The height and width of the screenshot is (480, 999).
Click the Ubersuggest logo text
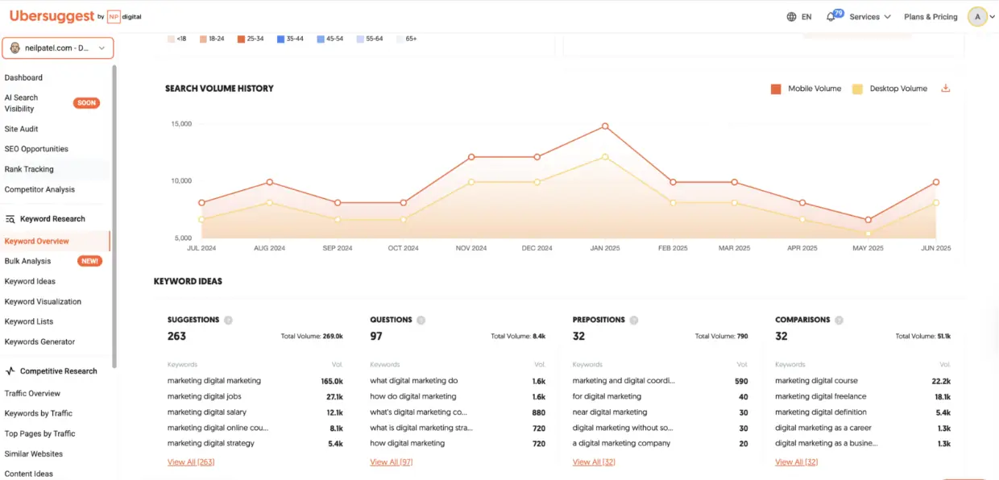(x=52, y=16)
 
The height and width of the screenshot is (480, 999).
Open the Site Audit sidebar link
(x=22, y=129)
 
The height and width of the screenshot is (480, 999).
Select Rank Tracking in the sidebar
(x=29, y=169)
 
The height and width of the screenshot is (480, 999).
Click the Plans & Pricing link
(x=931, y=17)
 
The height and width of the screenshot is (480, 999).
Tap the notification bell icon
(x=831, y=17)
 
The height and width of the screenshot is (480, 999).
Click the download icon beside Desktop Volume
(x=946, y=89)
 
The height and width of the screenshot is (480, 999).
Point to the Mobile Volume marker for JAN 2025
(x=604, y=126)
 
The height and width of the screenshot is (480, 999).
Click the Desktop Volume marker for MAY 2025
(x=868, y=234)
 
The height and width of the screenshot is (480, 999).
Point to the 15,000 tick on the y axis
(x=181, y=124)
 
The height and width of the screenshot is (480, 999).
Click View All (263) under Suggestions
(x=191, y=462)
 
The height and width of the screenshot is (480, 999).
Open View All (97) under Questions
(x=392, y=462)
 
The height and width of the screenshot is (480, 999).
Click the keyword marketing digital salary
(x=205, y=412)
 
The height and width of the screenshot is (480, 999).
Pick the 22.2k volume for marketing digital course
(x=941, y=381)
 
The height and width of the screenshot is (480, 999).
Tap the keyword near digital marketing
(x=610, y=412)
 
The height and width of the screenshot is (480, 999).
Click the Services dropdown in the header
(x=870, y=17)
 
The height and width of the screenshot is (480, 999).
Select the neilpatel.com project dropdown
(x=57, y=48)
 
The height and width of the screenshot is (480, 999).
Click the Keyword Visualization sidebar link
(x=43, y=301)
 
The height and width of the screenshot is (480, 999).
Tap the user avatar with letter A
(x=977, y=17)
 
